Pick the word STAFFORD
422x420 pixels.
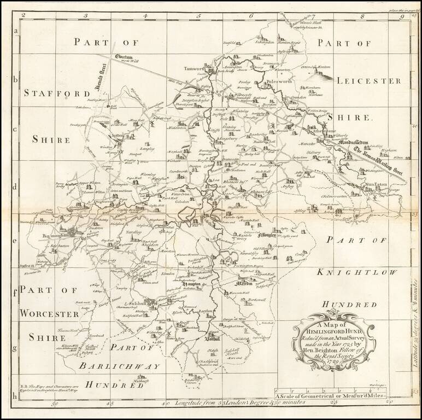click(x=57, y=94)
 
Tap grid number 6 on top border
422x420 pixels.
click(x=250, y=16)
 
